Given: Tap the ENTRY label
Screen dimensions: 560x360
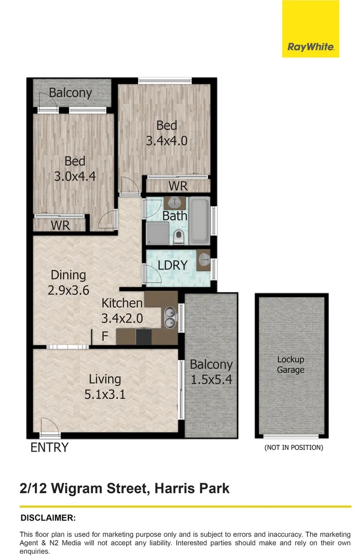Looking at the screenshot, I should coord(50,447).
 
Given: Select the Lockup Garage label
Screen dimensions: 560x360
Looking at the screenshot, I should coord(290,365).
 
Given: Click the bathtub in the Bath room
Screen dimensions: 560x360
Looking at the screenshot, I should coord(198,220).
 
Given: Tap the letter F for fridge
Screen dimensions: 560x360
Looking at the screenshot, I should coord(105,337).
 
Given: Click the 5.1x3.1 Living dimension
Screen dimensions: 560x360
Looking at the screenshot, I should coord(105,395).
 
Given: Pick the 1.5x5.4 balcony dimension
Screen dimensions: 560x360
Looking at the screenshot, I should coord(211,380).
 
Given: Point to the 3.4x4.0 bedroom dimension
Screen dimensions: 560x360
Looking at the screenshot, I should coord(167,141).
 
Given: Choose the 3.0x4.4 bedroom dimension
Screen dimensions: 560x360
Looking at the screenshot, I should coord(75,176).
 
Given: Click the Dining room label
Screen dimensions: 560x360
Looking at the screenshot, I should coord(68,275).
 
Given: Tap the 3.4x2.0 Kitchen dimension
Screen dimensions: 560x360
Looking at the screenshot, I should coord(122,318).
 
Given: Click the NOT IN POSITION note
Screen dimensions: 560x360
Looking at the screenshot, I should coord(294,447).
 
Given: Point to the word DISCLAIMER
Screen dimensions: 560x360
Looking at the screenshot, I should coord(48,517).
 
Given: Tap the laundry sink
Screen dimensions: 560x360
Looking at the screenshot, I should coord(203,260).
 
